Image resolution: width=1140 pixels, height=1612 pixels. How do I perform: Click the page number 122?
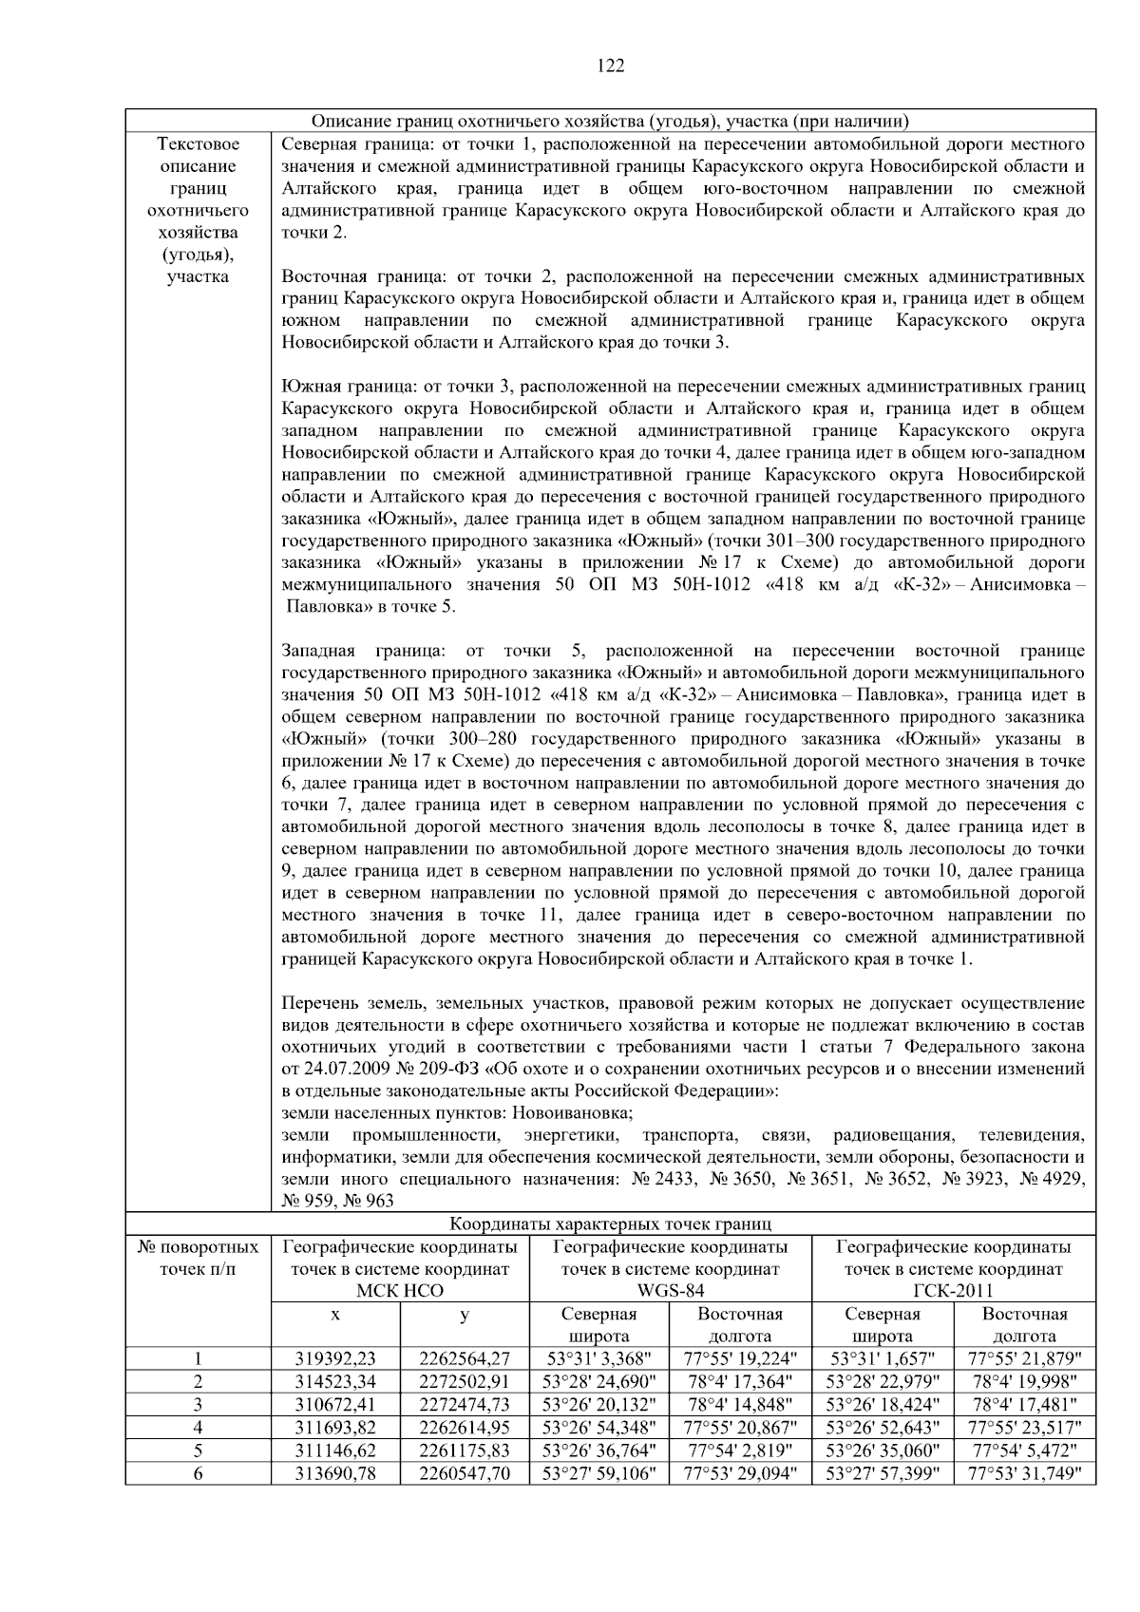pyautogui.click(x=610, y=65)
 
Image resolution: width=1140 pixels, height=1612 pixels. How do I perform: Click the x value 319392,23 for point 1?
pyautogui.click(x=335, y=1358)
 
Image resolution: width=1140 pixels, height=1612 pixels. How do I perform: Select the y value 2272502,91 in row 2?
pyautogui.click(x=464, y=1381)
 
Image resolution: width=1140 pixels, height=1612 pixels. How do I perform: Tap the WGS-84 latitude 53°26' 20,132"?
pyautogui.click(x=598, y=1404)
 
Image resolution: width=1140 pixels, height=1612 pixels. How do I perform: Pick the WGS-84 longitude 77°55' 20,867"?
pyautogui.click(x=740, y=1428)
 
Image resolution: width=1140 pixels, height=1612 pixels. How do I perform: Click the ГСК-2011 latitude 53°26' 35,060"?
pyautogui.click(x=882, y=1451)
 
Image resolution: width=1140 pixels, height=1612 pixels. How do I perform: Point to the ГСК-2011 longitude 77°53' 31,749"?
pyautogui.click(x=1024, y=1474)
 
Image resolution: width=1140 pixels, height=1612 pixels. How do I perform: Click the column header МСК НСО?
pyautogui.click(x=399, y=1291)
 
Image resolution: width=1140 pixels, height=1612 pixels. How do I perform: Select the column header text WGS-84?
pyautogui.click(x=670, y=1291)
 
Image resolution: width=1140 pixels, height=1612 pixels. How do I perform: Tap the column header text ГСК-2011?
pyautogui.click(x=953, y=1291)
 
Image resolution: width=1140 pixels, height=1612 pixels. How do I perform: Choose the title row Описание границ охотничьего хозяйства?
pyautogui.click(x=610, y=121)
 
